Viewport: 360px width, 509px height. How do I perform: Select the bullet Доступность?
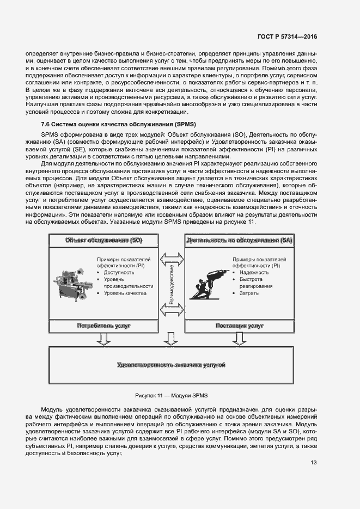coord(119,272)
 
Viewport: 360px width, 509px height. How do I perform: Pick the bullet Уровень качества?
coord(125,293)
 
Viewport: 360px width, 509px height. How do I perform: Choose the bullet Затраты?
coord(249,293)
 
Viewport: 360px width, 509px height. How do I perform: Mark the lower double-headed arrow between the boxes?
coord(172,311)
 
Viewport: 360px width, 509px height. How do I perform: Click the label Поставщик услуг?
coord(240,326)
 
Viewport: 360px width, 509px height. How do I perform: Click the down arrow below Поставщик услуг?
coord(240,339)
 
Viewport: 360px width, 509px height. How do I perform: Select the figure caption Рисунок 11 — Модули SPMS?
coord(172,395)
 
